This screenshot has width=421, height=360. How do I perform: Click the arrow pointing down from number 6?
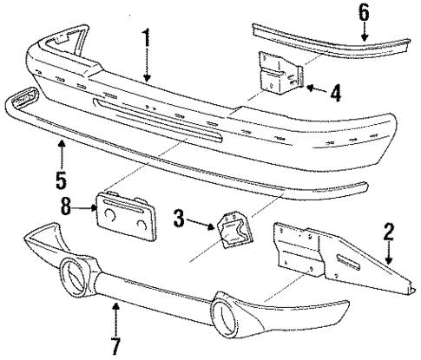365,30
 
